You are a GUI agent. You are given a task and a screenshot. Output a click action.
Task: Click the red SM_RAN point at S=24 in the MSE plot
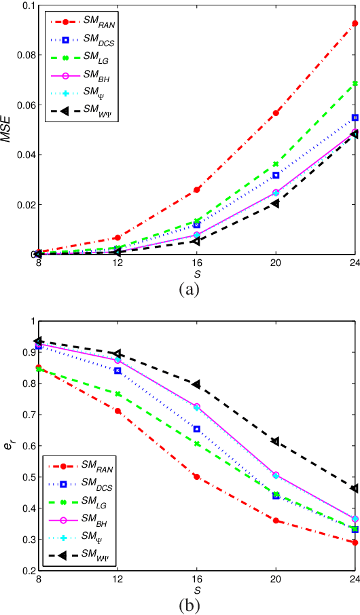(x=355, y=24)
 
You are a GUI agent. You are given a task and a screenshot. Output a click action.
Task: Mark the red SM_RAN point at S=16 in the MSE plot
(x=197, y=189)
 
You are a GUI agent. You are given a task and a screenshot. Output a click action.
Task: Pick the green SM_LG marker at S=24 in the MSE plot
(x=355, y=83)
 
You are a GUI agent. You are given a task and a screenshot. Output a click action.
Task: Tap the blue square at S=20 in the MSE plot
(x=276, y=175)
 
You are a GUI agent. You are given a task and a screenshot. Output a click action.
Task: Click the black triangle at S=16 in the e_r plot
(x=197, y=384)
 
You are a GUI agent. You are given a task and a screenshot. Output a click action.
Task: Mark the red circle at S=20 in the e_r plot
(x=276, y=521)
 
